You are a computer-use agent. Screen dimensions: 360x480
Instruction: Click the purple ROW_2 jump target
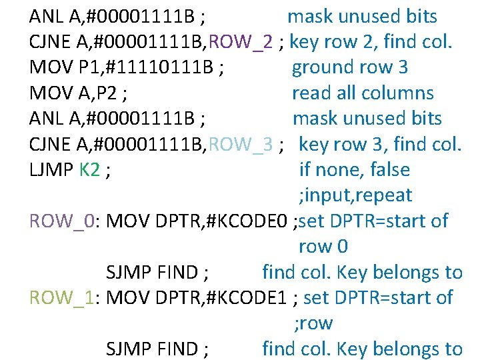point(241,42)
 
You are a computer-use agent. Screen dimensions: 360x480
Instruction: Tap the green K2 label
point(90,170)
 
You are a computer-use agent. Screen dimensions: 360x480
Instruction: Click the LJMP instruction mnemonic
point(51,170)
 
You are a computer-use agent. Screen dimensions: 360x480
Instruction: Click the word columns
point(399,93)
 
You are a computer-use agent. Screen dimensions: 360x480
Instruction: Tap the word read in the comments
point(311,93)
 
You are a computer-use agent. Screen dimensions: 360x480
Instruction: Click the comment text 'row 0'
point(323,247)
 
